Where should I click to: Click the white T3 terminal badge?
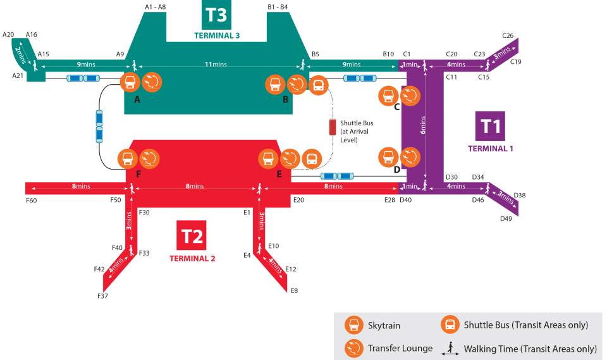tap(216, 15)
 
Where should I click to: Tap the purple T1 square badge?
tap(491, 126)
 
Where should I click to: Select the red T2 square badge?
tap(192, 237)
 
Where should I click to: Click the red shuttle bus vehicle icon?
tap(333, 127)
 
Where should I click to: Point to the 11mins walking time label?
tap(216, 65)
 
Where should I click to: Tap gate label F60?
tap(32, 200)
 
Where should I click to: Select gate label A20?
tap(8, 34)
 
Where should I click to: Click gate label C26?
tap(508, 35)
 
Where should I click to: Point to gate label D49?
tap(506, 219)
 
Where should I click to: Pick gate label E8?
tap(294, 290)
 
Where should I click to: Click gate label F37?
tap(102, 296)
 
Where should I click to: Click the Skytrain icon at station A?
tap(130, 82)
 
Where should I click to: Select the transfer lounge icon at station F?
tap(150, 159)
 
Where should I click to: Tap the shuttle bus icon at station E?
tap(312, 159)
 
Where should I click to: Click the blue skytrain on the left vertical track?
tap(99, 127)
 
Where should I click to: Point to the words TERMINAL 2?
tap(192, 259)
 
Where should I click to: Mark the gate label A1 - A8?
tap(155, 7)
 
